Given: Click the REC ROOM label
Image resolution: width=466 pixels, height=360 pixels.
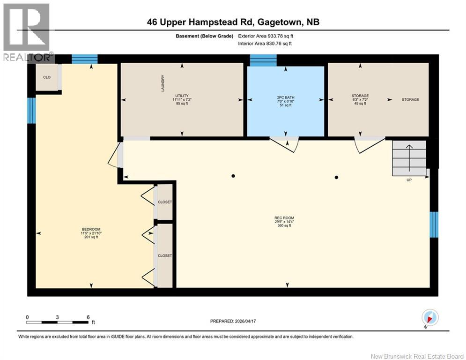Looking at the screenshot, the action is click(x=284, y=218).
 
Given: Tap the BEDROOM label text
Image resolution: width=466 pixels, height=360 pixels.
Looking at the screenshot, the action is click(x=91, y=229).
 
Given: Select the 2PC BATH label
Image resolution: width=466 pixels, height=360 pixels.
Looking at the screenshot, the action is click(x=286, y=97).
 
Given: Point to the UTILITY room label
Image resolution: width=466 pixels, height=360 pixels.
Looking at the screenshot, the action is click(x=182, y=96).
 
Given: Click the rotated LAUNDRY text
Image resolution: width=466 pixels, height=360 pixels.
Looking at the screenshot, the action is click(x=163, y=83).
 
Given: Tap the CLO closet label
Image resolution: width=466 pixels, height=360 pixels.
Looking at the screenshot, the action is click(x=47, y=77).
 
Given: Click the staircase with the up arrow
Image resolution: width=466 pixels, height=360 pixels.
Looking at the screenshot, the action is click(x=409, y=158).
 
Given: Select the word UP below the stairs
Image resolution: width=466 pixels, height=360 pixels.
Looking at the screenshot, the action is click(x=409, y=180).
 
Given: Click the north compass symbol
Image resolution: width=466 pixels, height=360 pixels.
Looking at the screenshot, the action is click(x=430, y=317).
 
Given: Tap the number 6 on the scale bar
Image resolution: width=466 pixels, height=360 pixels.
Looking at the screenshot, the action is click(x=88, y=317).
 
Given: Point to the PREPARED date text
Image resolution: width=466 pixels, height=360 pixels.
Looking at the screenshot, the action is click(x=233, y=321).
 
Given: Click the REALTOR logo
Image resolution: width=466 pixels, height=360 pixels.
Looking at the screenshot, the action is click(x=27, y=32).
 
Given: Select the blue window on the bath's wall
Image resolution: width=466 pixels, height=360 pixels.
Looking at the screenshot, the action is click(x=263, y=60).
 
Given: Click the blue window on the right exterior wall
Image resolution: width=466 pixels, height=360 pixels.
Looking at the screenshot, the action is click(x=434, y=225).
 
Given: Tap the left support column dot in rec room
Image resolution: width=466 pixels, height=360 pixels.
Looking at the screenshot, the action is click(x=233, y=176).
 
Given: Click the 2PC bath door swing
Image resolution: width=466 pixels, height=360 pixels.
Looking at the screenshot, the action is click(x=284, y=144).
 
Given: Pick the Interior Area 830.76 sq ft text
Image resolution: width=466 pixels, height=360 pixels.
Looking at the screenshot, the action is click(x=265, y=44).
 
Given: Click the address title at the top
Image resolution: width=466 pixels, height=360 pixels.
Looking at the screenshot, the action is click(x=233, y=22).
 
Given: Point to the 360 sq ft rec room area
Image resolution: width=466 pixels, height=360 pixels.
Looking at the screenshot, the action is click(x=284, y=225).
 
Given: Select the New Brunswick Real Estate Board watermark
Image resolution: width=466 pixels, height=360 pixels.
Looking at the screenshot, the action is click(x=417, y=356).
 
